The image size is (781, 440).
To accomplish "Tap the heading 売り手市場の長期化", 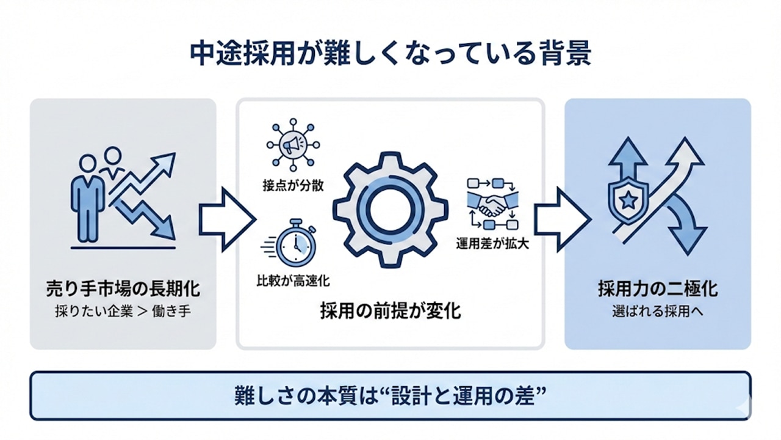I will (123, 288).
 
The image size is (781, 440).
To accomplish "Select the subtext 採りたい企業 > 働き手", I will (123, 310).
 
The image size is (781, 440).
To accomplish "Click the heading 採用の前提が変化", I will (390, 311).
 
